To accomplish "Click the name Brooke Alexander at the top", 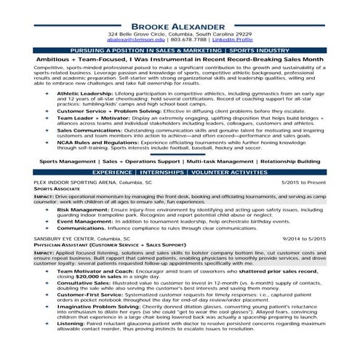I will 179,25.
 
